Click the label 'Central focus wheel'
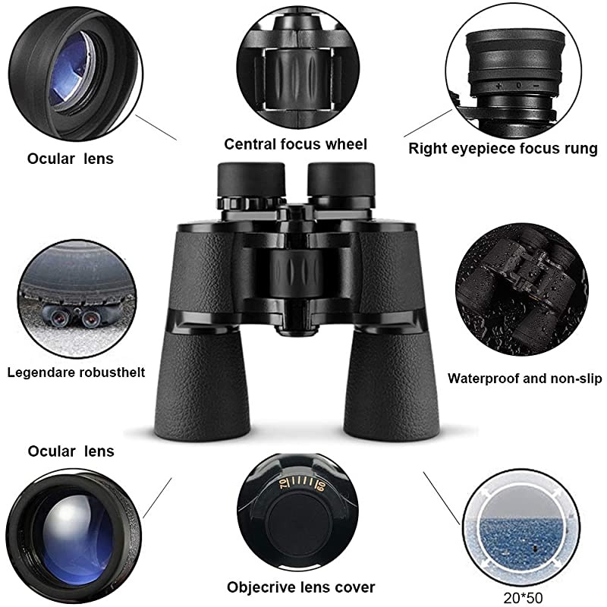295,144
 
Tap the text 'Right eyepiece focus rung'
502,148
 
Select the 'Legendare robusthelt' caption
76,373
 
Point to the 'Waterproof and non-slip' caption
524,377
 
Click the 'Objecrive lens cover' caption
300,587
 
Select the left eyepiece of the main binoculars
250,182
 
